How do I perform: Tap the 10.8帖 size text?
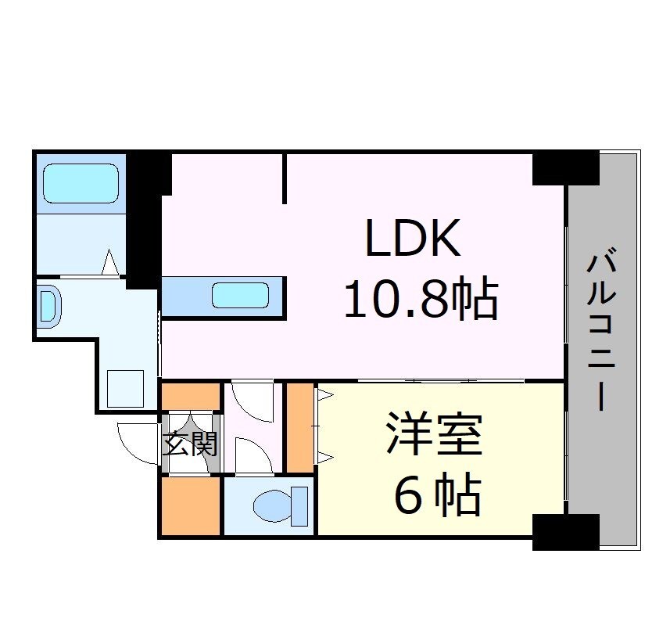coord(421,300)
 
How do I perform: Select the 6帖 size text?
coord(436,494)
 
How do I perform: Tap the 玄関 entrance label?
coord(190,444)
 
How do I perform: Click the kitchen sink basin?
coord(240,296)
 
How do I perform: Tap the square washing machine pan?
coord(125,388)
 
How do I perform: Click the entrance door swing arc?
coord(139,442)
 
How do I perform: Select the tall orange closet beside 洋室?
coord(299,427)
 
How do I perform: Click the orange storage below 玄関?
coord(191,505)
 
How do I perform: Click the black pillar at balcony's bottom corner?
coord(565,532)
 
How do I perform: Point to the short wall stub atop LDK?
coord(285,178)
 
